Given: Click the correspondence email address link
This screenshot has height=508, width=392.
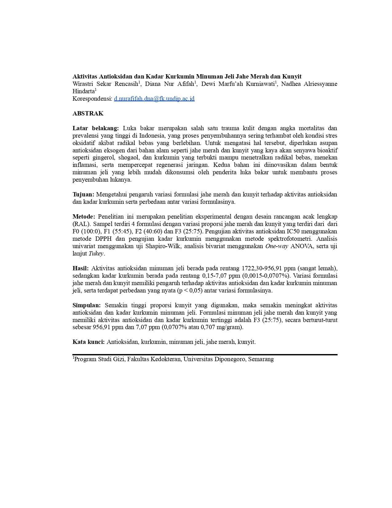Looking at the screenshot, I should point(154,99).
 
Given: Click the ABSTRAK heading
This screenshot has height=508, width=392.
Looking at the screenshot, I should point(88,113).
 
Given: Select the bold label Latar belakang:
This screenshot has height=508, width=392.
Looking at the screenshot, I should point(96,128).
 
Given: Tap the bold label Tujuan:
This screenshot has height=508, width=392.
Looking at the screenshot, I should point(83,194).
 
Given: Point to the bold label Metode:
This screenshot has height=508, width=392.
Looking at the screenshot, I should point(84,216).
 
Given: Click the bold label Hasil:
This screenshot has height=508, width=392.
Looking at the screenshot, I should point(81,268).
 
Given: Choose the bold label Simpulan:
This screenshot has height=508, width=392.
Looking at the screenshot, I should point(87,305).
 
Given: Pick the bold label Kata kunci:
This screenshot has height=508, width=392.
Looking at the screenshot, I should point(89,342).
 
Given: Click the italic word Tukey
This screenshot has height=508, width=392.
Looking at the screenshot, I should point(96,253).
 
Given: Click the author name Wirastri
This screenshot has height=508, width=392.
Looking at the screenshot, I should point(83,84).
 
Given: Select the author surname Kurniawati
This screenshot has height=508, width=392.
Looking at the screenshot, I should point(260,84).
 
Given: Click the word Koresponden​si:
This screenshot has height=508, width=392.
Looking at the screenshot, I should point(92,99).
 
